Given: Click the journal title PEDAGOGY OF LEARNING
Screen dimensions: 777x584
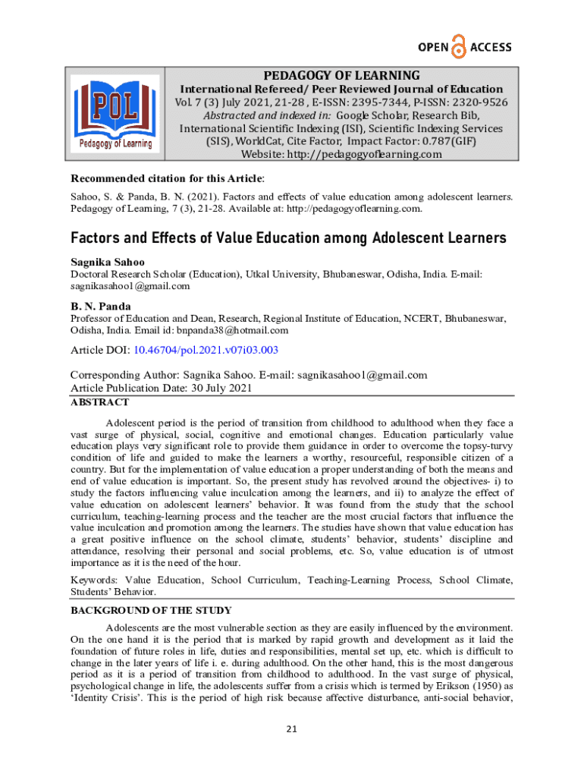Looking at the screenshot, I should tap(341, 75).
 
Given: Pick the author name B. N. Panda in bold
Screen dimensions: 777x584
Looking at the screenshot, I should tap(99, 307).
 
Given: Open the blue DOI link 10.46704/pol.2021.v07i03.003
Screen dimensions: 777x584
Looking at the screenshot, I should tap(206, 350).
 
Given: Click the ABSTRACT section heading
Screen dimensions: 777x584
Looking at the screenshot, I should tap(99, 403).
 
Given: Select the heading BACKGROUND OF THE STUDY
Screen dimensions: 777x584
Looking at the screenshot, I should tap(151, 610).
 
